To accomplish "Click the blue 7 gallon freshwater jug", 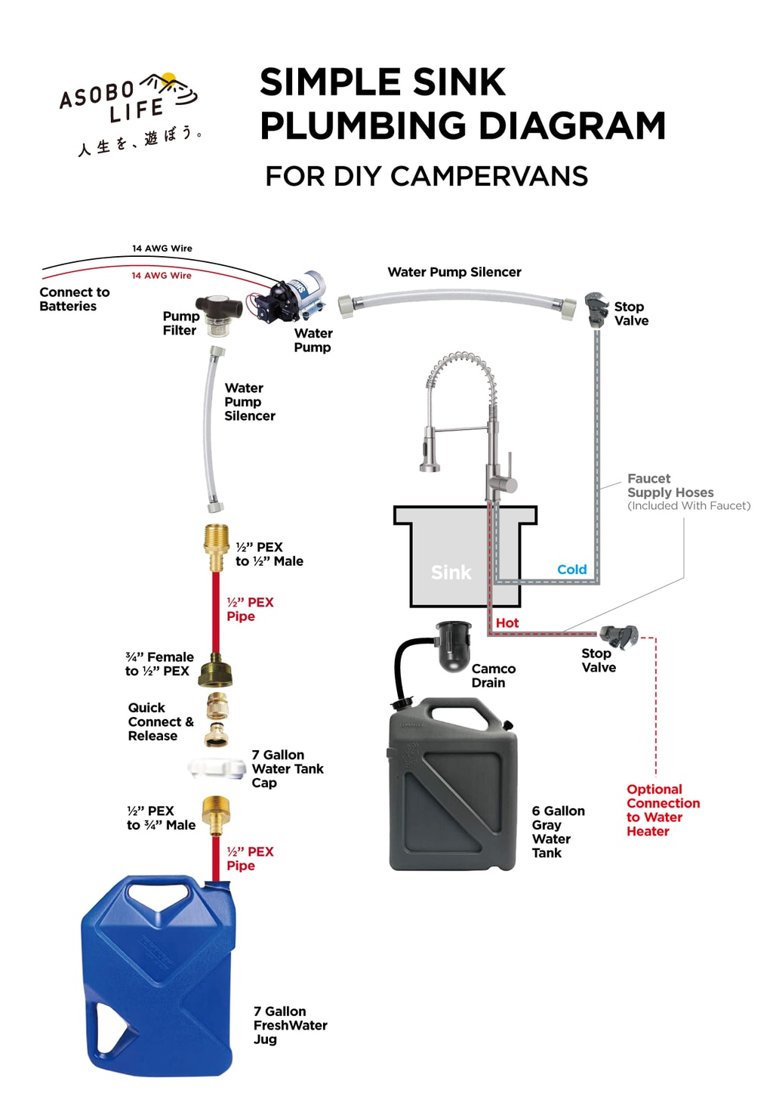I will click(159, 975).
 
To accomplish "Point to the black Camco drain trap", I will click(454, 646).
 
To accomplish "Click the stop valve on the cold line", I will click(596, 309).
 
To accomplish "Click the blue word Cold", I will click(571, 570).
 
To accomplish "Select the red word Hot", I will click(507, 622).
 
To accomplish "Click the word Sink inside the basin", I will click(451, 573).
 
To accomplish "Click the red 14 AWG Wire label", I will click(162, 276).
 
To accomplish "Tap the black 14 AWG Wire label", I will click(162, 249).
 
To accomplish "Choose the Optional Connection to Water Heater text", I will click(662, 810).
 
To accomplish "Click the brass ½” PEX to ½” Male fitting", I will click(216, 547).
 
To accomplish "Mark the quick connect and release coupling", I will click(217, 719).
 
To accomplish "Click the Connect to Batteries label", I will click(74, 299).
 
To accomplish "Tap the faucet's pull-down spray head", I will click(429, 452).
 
